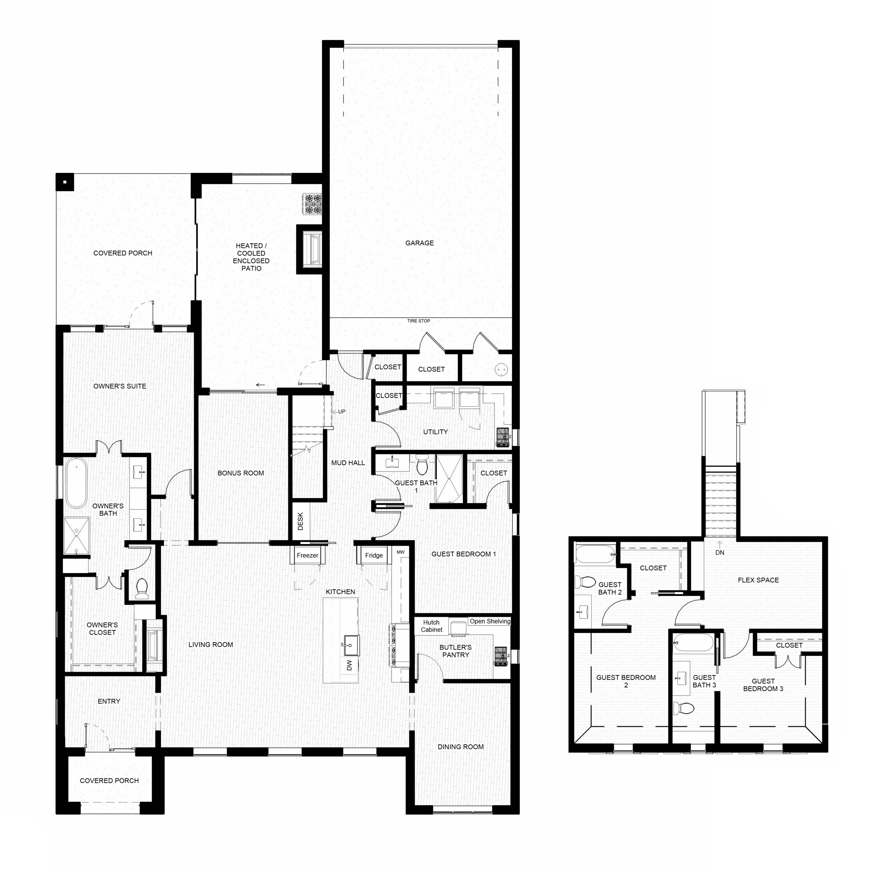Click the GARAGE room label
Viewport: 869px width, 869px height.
pos(419,243)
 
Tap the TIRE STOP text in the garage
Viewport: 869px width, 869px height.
pos(418,321)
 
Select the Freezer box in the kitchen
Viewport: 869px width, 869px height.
pos(308,555)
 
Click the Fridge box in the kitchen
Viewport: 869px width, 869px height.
pos(374,555)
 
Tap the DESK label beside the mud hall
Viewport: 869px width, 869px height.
pos(300,521)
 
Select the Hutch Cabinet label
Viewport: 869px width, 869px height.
pos(431,626)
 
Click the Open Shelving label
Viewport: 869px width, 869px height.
pos(490,621)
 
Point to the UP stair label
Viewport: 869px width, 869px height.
pos(342,411)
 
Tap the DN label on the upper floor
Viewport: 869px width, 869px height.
pos(720,553)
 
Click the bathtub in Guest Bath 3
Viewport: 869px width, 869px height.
pos(693,643)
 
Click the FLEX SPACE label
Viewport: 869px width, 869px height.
pos(758,580)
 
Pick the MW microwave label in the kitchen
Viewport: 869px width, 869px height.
pos(400,552)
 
